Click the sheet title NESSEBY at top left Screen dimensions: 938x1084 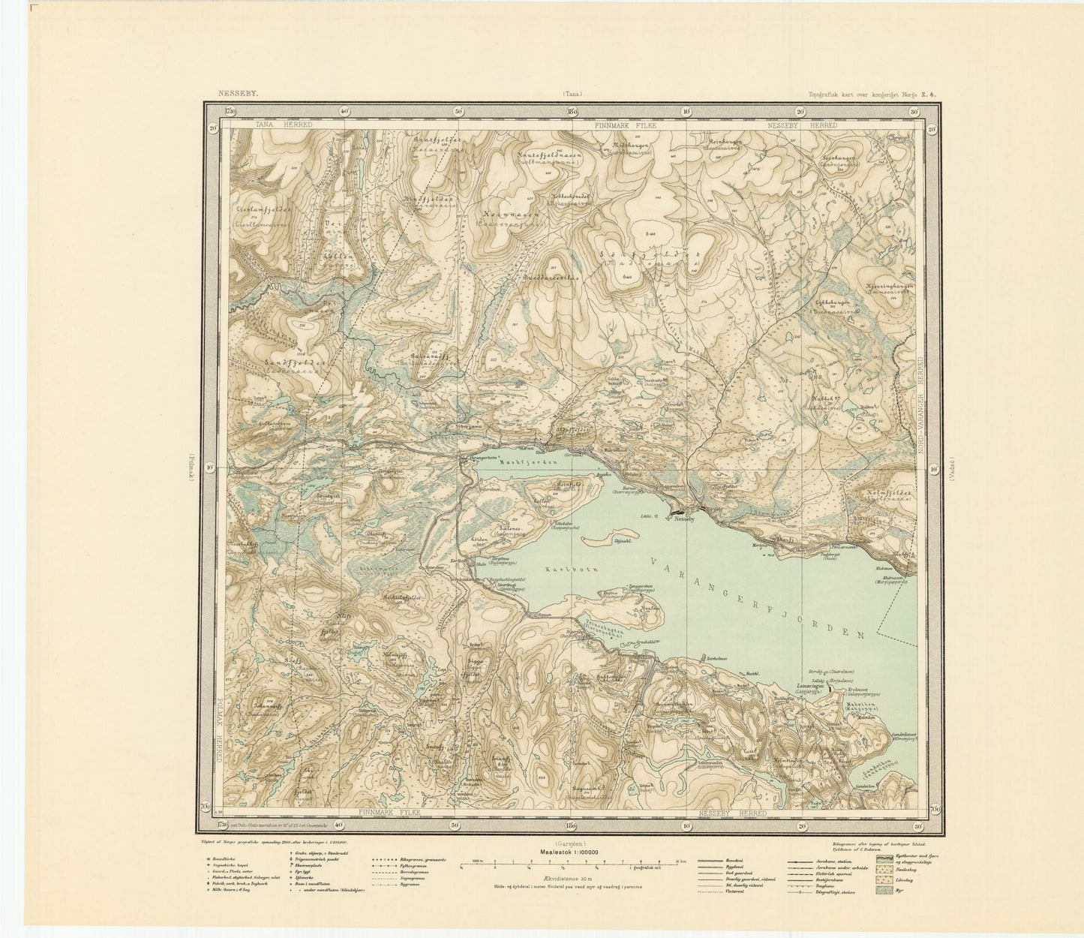coord(238,95)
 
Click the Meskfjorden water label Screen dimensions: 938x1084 coord(530,463)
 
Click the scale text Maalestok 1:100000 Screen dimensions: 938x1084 coord(572,851)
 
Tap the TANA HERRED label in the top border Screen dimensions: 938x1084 coord(283,125)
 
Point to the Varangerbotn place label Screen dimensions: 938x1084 coord(482,457)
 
